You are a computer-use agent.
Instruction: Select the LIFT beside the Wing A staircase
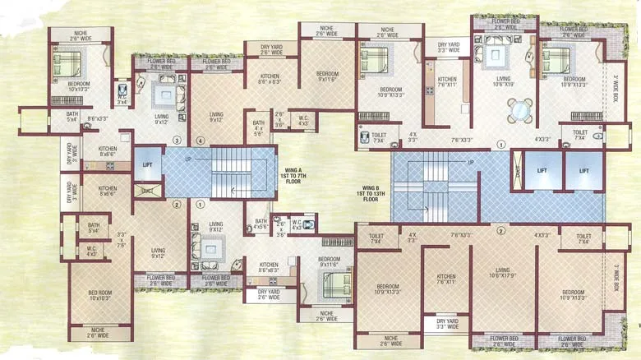147,164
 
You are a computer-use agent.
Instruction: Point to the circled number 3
176,141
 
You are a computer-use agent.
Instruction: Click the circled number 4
201,141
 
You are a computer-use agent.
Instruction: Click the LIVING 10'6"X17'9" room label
503,273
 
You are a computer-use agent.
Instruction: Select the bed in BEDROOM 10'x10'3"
67,63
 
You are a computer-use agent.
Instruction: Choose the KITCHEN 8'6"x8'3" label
268,267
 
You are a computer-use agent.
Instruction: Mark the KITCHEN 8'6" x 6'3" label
268,79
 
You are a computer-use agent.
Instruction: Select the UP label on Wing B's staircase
471,162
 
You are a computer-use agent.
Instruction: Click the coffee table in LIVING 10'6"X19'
496,56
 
